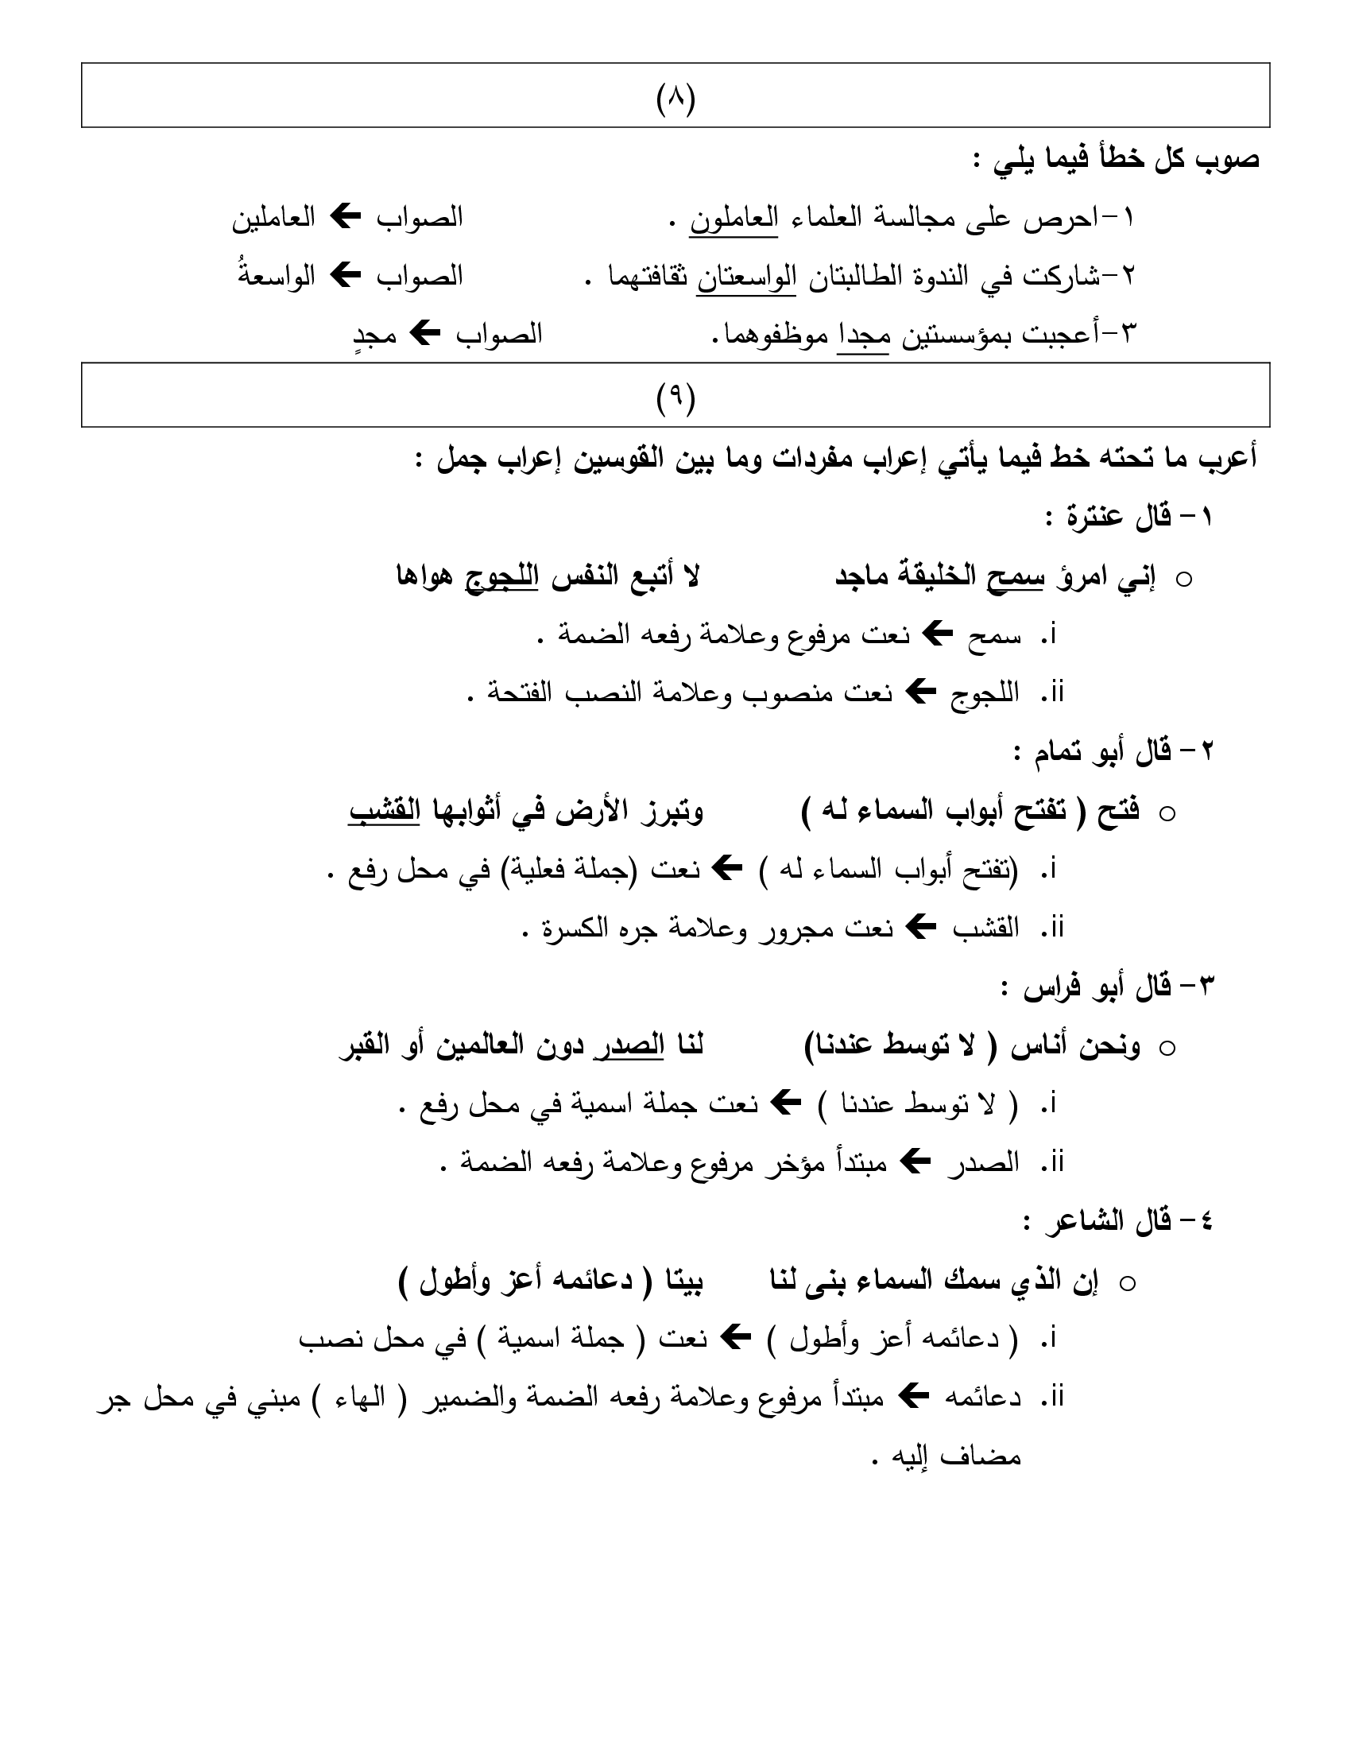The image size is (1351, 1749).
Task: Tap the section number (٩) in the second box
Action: point(675,398)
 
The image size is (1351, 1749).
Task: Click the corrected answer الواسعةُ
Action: point(277,277)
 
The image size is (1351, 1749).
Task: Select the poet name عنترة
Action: point(1104,518)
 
